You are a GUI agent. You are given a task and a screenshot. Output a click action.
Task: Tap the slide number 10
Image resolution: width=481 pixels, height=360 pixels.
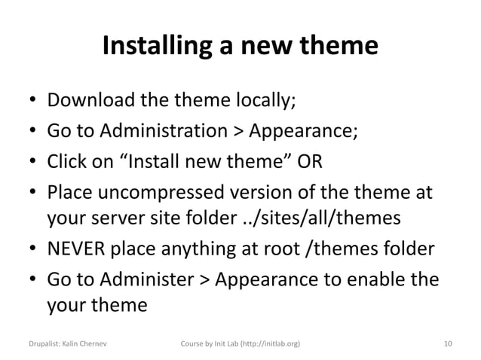click(x=448, y=343)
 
